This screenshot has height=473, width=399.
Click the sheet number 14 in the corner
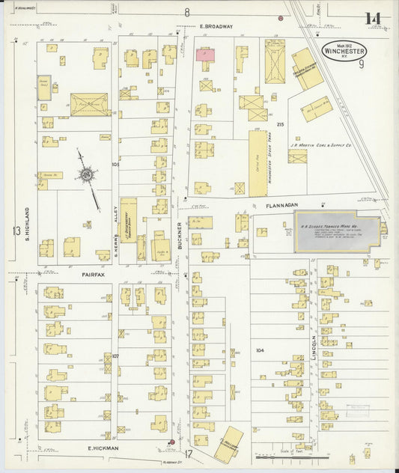373,19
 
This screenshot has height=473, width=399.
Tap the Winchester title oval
344,51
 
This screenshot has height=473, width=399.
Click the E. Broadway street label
216,26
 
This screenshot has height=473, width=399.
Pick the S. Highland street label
27,224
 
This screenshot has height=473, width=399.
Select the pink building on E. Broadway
205,55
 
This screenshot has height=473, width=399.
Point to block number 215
281,123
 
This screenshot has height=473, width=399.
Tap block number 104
260,350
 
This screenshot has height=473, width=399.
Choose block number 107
115,355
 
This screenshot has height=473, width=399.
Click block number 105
115,164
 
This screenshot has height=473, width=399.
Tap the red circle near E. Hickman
171,442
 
